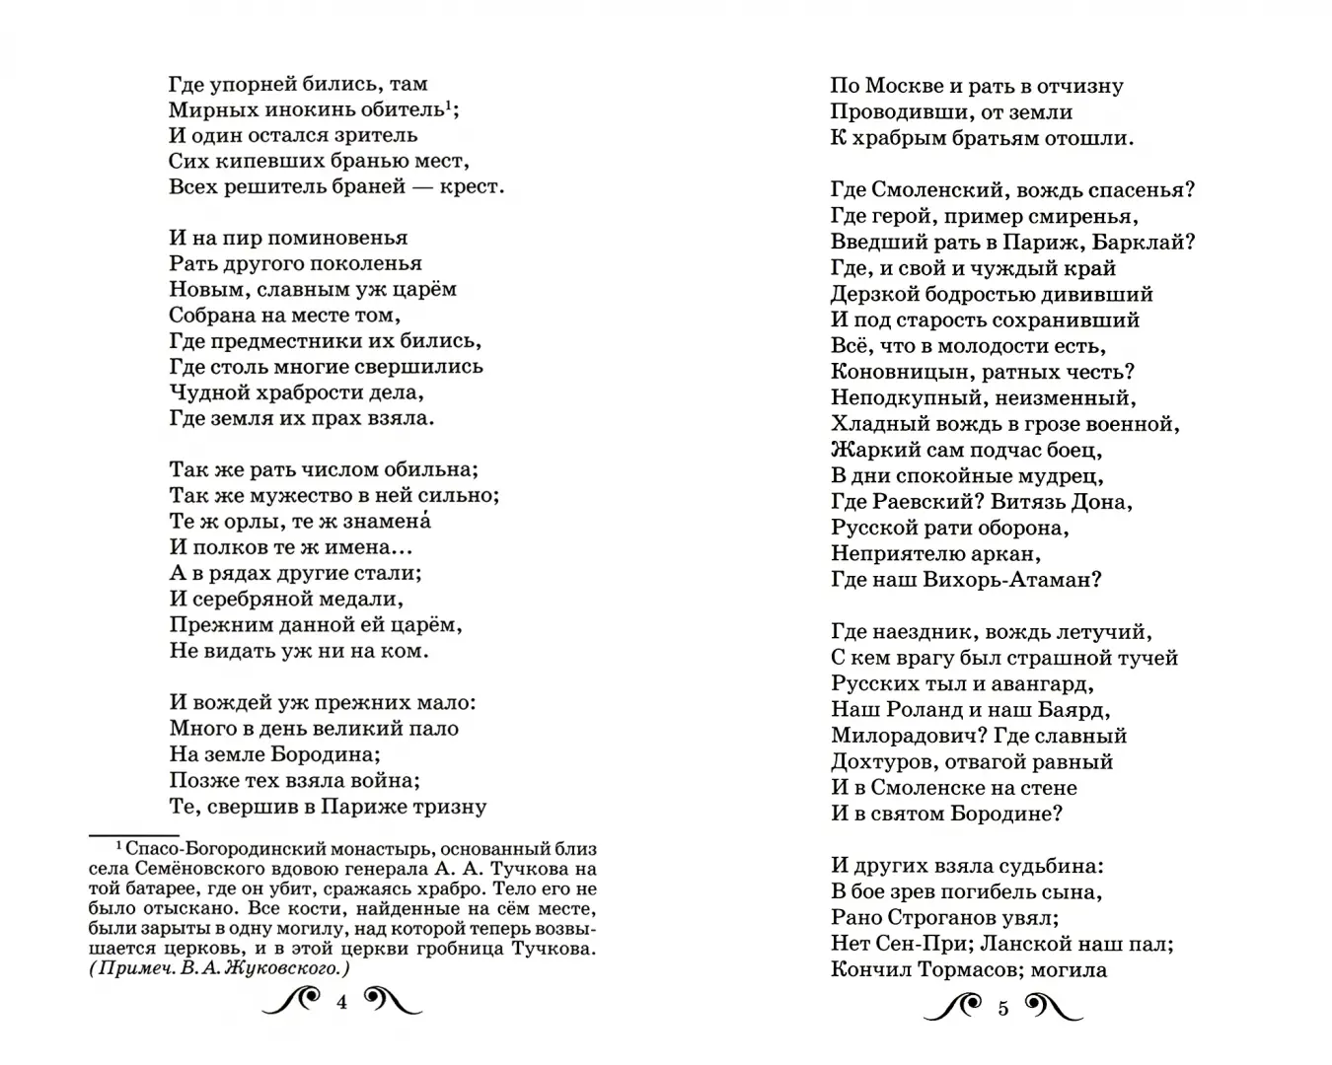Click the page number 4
pos(342,1003)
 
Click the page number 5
pos(1003,1007)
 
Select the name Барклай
pos(1152,242)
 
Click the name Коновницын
pos(890,372)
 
